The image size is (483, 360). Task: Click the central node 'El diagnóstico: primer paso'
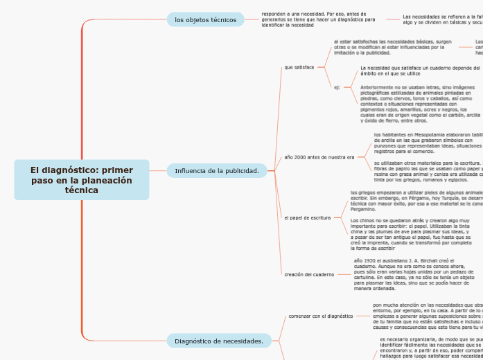coord(82,180)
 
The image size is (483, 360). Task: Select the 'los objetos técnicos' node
coord(205,19)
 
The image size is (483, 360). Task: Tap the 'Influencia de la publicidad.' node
coord(216,170)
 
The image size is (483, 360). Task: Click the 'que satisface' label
coord(299,67)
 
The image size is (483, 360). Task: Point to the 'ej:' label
coord(337,88)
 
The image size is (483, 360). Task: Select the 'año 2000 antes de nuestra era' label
coord(319,157)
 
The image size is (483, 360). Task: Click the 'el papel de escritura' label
coord(308,217)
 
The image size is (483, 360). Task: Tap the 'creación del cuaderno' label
coord(309,274)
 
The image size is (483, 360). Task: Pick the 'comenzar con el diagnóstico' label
coord(320,316)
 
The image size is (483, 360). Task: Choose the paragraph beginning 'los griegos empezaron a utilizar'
coord(416,200)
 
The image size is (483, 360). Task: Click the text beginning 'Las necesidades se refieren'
coord(442,19)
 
